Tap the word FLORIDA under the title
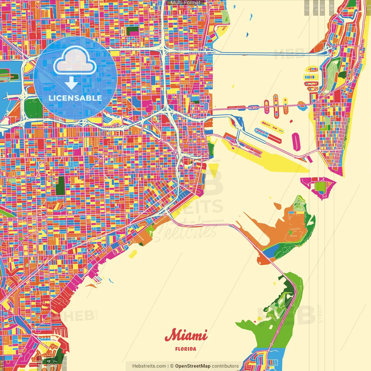(x=185, y=349)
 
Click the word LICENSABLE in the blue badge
(x=75, y=98)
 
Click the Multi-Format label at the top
(x=185, y=3)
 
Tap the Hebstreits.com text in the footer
(x=149, y=366)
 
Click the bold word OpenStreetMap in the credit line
(x=192, y=366)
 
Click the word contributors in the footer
(x=225, y=366)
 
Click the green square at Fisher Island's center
(x=320, y=186)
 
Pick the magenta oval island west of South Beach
(x=296, y=141)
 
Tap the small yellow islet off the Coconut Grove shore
(x=133, y=254)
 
